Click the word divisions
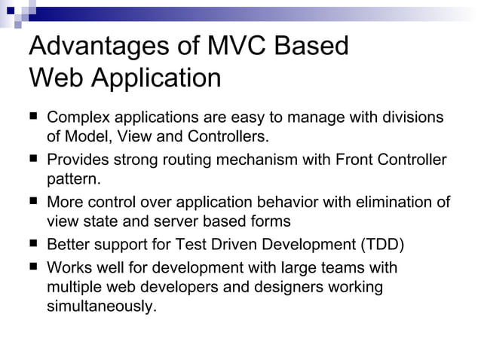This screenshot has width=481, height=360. click(x=411, y=118)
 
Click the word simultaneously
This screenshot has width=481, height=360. click(x=102, y=307)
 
